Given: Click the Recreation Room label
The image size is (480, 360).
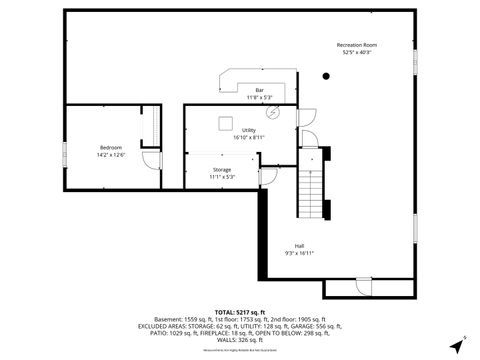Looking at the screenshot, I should [357, 45].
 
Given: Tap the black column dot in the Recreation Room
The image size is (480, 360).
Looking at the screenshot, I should [326, 76].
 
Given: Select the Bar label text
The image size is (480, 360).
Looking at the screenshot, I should [259, 91].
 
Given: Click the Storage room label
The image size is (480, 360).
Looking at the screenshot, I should [222, 170].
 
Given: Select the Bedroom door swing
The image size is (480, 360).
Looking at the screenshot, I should [150, 161].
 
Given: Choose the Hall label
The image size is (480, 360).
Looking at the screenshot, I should [299, 246].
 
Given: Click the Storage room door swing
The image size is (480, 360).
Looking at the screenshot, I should [268, 175].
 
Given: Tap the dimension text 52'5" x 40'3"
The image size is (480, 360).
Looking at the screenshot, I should [357, 52].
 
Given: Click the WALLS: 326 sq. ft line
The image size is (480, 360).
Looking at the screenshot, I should [240, 339].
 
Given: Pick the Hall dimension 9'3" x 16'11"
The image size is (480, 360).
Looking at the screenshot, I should [299, 253].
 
